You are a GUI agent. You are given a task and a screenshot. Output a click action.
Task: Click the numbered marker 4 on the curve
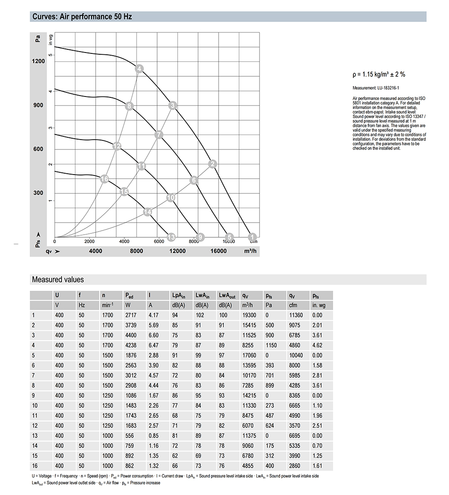click(x=139, y=69)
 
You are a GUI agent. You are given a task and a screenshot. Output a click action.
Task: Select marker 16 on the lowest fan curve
click(x=104, y=179)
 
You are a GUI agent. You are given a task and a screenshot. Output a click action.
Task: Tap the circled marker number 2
click(x=213, y=164)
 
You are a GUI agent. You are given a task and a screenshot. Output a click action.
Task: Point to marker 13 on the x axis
click(x=171, y=237)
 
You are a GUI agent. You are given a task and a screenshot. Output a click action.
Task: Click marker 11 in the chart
click(x=141, y=166)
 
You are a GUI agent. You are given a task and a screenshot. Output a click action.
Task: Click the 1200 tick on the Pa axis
click(x=38, y=61)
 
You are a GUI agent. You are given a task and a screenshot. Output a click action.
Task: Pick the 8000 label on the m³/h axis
click(x=137, y=251)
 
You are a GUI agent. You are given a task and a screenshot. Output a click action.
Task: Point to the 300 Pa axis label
click(x=38, y=193)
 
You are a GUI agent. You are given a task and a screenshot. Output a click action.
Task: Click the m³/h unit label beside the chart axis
click(x=250, y=251)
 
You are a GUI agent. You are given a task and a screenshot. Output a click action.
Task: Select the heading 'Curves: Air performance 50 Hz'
click(x=82, y=17)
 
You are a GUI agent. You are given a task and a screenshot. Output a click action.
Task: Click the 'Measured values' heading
click(x=58, y=280)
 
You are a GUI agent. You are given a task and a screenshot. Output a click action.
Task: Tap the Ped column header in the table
click(x=129, y=295)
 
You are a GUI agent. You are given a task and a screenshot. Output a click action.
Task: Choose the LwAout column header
click(x=228, y=295)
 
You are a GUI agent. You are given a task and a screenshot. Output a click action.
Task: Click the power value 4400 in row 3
click(x=130, y=335)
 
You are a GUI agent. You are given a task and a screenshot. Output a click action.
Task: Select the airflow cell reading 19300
click(x=249, y=315)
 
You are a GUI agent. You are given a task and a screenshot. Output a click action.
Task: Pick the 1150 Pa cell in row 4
click(x=271, y=345)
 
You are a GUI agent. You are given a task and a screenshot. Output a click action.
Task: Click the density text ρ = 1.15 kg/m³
click(x=379, y=75)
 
